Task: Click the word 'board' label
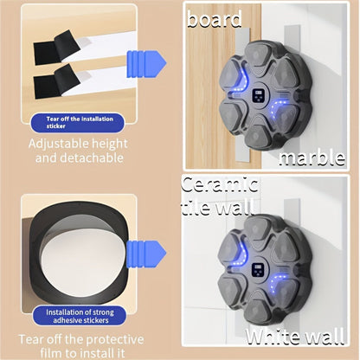point(215,17)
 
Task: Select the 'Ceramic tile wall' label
point(220,196)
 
